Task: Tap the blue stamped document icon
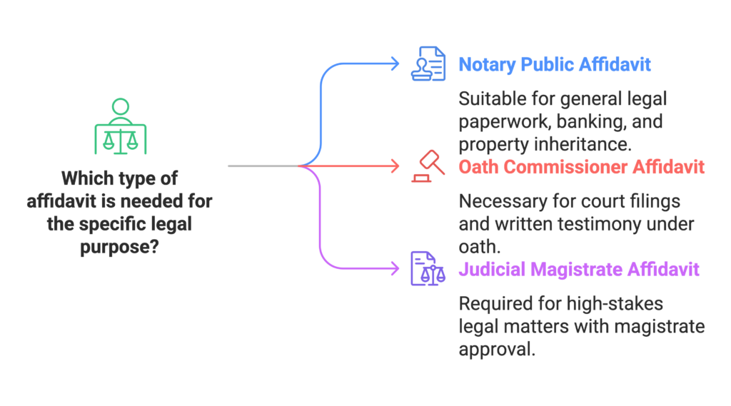428,64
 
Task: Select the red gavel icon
427,166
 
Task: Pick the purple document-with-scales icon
427,269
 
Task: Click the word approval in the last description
496,350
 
